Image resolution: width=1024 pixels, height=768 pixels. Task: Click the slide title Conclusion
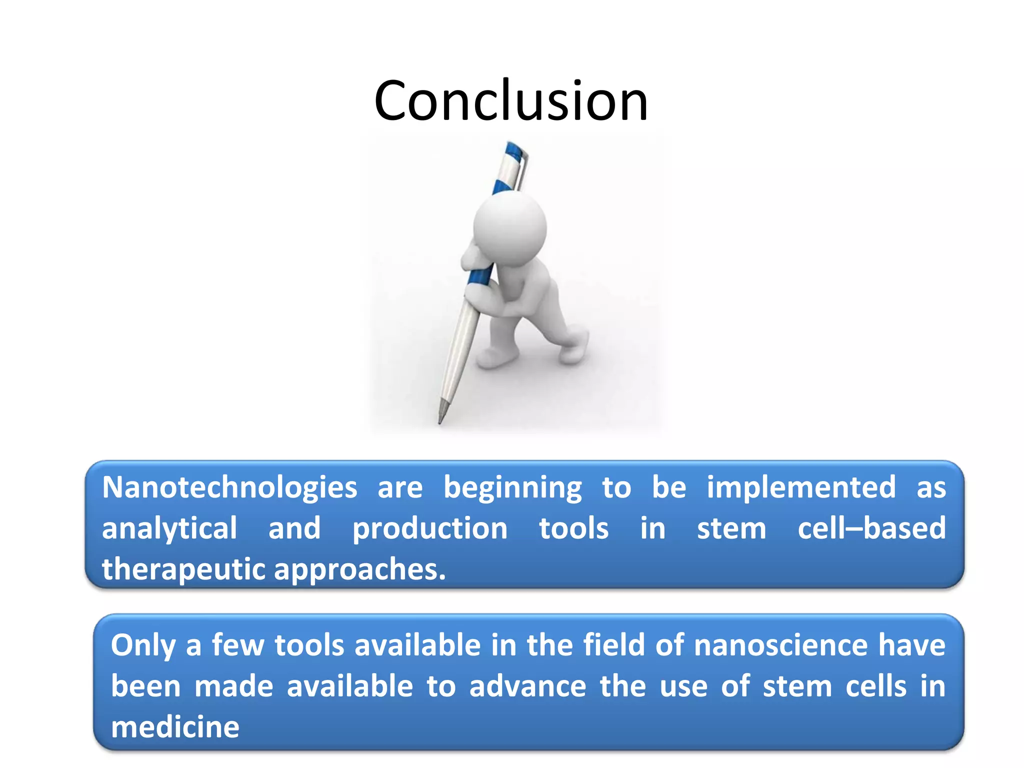coord(511,101)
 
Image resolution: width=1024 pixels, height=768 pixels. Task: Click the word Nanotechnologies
coord(229,487)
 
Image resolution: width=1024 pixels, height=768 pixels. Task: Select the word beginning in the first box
coord(512,488)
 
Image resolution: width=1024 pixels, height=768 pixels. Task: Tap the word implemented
coord(801,487)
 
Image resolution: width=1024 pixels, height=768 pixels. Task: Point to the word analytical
coord(169,529)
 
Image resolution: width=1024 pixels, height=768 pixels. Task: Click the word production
coord(430,529)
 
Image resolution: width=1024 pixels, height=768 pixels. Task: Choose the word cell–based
coord(871,528)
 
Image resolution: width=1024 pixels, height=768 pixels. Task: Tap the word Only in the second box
coord(143,645)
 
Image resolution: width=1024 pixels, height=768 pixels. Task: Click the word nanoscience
coord(780,645)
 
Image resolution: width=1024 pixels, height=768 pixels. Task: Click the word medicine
coord(175,727)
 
